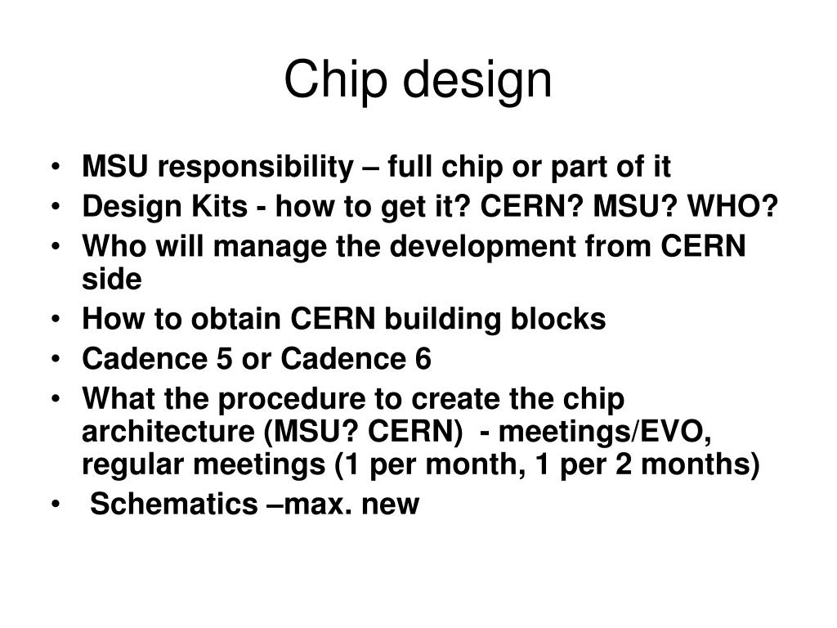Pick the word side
coord(112,279)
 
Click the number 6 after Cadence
coord(423,359)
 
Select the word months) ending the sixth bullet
coord(709,465)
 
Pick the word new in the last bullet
coord(395,505)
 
